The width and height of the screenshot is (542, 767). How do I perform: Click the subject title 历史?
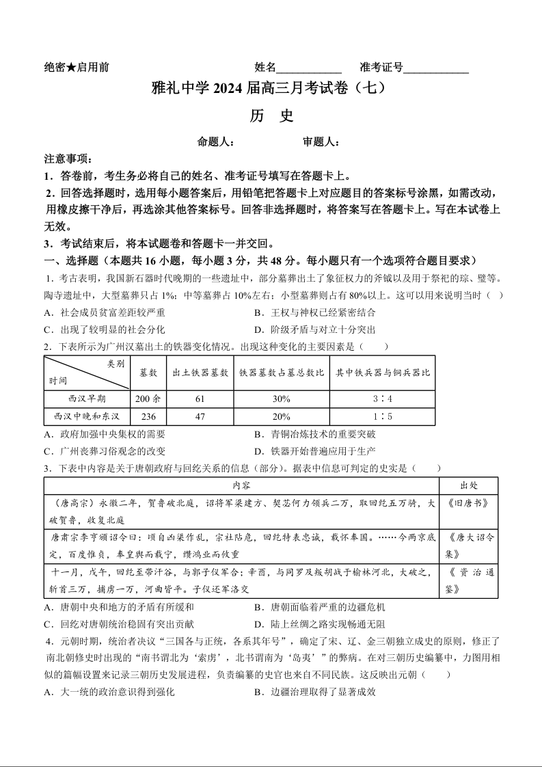pyautogui.click(x=271, y=116)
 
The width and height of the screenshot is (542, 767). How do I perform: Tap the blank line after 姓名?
pyautogui.click(x=309, y=68)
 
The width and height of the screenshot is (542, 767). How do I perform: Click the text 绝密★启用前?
pyautogui.click(x=76, y=68)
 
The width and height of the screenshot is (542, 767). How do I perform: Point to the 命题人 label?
pyautogui.click(x=216, y=142)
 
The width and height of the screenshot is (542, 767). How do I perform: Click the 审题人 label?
pyautogui.click(x=321, y=142)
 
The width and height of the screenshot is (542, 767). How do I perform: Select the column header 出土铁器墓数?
pyautogui.click(x=200, y=373)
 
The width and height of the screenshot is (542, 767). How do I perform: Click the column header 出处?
pyautogui.click(x=468, y=485)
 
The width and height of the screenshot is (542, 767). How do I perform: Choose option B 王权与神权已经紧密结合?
pyautogui.click(x=314, y=312)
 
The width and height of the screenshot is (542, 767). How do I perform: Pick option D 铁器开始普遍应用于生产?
pyautogui.click(x=314, y=451)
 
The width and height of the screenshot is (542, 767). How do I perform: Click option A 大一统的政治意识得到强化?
pyautogui.click(x=109, y=692)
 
